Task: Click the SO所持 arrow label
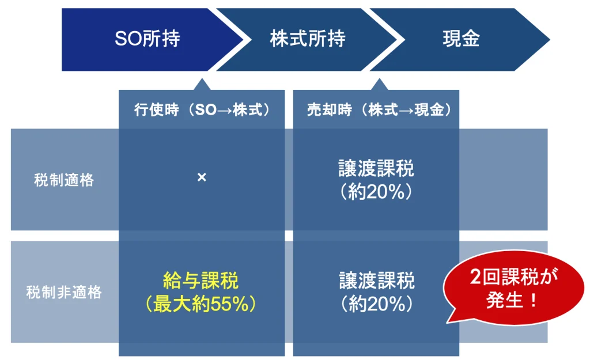coord(147,39)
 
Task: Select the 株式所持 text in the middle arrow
coord(308,39)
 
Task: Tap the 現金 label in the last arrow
coord(462,39)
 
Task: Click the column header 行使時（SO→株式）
coord(202,110)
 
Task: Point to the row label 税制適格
coord(64,180)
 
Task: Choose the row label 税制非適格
coord(64,292)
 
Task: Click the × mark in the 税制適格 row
coord(202,177)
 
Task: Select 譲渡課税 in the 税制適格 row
coord(376,168)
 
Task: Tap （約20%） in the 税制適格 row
coord(376,191)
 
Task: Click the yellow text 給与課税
coord(201,281)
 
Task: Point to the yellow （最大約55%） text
coord(201,304)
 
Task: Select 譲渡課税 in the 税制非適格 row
coord(377,281)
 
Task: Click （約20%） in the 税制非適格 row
coord(377,304)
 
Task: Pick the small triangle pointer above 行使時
coord(202,84)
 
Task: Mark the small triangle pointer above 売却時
coord(379,84)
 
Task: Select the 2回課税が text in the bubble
coord(514,277)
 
